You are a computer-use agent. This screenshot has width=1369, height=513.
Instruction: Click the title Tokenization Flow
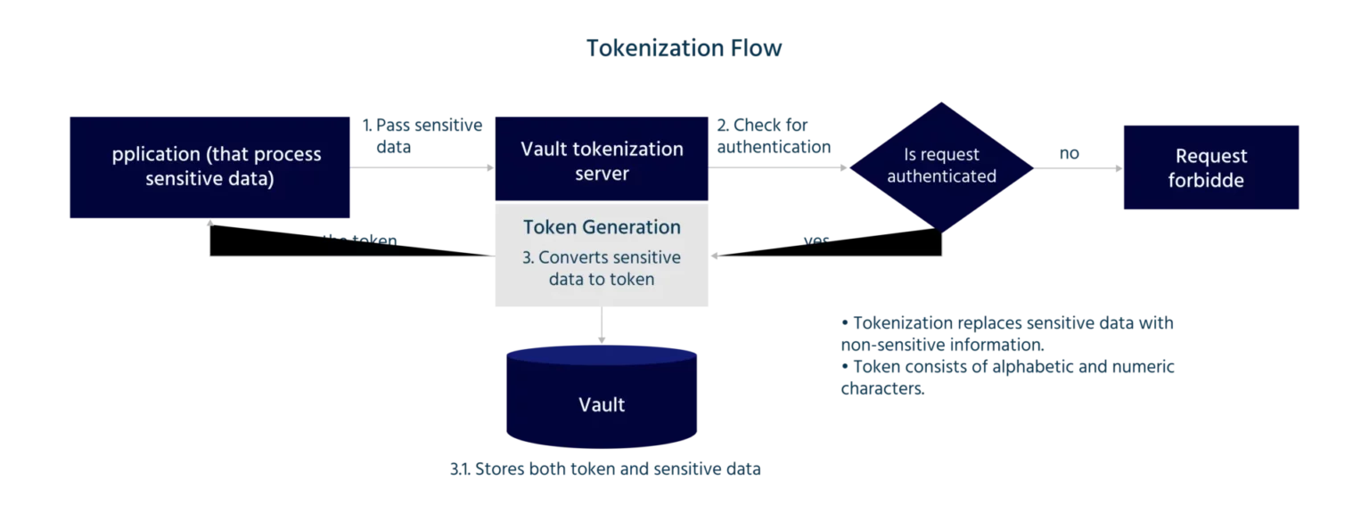tap(684, 48)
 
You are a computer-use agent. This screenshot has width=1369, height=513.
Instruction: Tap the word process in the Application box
tap(288, 155)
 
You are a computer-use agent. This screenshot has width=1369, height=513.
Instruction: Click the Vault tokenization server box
tap(602, 160)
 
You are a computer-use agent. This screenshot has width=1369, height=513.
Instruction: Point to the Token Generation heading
tap(602, 227)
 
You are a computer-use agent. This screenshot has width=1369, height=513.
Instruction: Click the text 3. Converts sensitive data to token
tap(602, 268)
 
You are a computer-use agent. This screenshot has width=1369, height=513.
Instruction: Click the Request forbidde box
tap(1211, 167)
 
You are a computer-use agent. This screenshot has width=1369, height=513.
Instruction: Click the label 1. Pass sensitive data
tap(422, 135)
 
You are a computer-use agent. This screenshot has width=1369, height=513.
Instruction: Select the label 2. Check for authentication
tap(774, 135)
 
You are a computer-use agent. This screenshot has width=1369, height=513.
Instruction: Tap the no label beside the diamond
tap(1069, 153)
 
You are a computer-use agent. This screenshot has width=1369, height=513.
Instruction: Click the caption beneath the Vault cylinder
tap(605, 468)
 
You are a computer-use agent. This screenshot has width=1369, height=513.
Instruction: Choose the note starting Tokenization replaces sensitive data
tap(1005, 333)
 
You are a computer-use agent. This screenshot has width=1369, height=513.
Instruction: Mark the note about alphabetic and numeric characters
tap(1005, 378)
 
